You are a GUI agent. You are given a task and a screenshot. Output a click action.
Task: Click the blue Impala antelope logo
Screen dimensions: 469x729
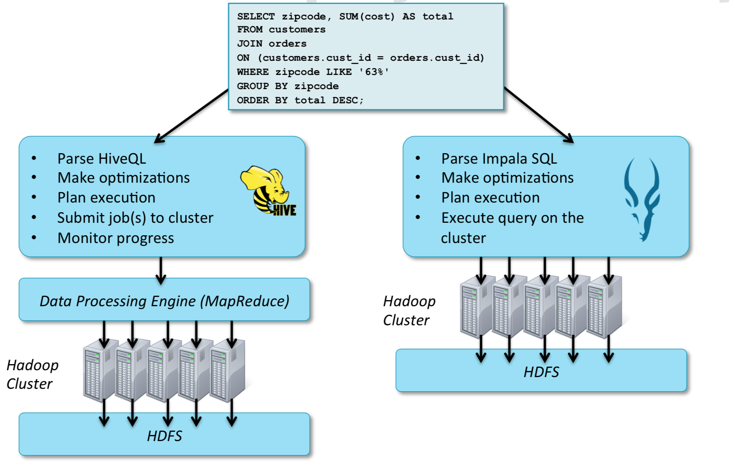[642, 198]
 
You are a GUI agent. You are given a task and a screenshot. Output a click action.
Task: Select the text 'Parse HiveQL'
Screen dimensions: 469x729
[102, 158]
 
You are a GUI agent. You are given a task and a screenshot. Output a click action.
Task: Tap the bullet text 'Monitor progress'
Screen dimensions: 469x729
[115, 238]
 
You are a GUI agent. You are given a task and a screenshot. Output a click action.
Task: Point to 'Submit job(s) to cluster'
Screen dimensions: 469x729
[135, 217]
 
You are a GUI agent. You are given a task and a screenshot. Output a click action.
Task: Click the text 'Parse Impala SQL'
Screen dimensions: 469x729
[499, 158]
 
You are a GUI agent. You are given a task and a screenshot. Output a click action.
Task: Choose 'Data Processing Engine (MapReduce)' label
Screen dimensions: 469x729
[164, 301]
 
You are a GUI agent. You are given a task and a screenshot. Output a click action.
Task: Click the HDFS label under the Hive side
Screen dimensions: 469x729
[164, 436]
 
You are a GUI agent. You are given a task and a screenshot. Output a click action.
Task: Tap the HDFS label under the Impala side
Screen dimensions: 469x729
[541, 372]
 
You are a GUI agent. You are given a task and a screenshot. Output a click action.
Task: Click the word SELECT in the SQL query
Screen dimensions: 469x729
[256, 17]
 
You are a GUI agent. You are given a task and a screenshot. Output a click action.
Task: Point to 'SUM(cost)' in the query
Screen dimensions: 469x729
[367, 17]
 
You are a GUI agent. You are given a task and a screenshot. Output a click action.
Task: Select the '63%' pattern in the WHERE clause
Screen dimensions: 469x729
[374, 72]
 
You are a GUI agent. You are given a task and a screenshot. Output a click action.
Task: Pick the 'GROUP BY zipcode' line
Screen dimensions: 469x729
[288, 86]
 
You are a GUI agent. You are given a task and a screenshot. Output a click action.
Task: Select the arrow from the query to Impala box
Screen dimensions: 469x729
[539, 115]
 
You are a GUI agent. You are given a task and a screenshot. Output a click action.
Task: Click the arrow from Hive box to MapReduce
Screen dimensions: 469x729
[161, 270]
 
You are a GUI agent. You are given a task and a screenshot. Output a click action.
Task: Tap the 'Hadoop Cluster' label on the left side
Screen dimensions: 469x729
[32, 374]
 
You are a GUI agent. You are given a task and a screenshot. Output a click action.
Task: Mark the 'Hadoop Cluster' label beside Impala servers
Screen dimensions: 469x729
[409, 311]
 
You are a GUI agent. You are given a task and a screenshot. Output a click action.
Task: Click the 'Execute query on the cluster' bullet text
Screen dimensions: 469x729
[512, 227]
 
